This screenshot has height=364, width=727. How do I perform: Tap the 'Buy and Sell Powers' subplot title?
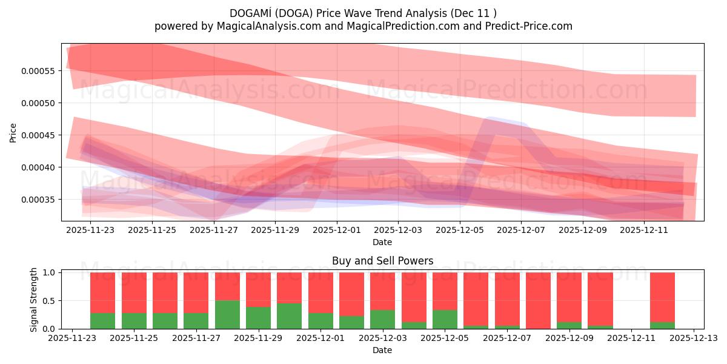click(x=382, y=261)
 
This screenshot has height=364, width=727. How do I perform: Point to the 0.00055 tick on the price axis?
click(x=38, y=71)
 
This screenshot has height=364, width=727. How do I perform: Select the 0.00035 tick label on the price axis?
click(x=38, y=200)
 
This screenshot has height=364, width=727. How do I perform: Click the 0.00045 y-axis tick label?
click(x=38, y=135)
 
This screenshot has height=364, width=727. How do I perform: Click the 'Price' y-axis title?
click(x=13, y=132)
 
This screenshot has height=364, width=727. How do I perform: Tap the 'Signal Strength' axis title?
click(x=34, y=299)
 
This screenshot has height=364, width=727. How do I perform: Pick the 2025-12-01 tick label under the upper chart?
click(x=336, y=231)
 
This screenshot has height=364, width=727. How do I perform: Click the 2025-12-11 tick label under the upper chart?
click(x=644, y=231)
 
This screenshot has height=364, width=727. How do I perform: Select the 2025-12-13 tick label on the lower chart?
click(x=693, y=339)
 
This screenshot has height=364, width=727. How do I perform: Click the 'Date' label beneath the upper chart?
click(x=382, y=242)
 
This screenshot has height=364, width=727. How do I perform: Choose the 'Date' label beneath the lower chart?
click(x=382, y=350)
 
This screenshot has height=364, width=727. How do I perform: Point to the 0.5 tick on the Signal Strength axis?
click(x=50, y=301)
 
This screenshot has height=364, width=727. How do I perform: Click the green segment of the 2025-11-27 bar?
click(x=196, y=321)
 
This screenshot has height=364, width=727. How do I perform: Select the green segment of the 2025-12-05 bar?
click(x=445, y=319)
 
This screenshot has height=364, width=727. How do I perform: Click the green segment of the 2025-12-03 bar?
click(x=382, y=319)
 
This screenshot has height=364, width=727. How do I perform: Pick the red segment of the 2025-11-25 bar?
click(x=134, y=292)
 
